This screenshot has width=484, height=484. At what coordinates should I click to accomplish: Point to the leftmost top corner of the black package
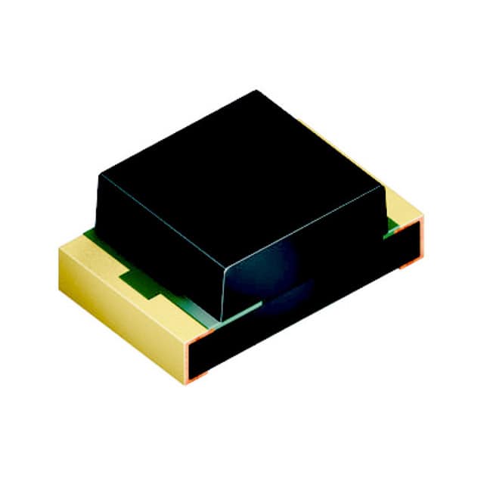tap(100, 175)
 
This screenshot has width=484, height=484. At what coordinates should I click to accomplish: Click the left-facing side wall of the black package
tap(159, 242)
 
